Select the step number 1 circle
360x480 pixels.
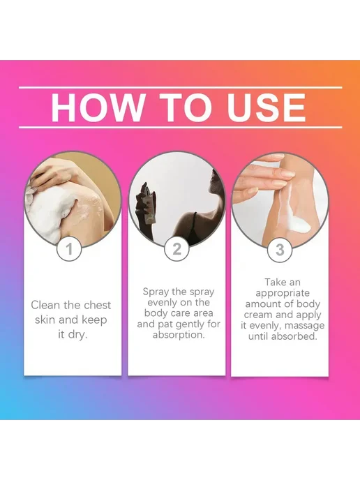tap(70, 249)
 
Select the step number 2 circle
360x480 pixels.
tap(177, 249)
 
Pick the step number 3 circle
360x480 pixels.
tap(280, 250)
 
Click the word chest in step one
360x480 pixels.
tap(98, 305)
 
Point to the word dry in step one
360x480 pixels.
tap(77, 335)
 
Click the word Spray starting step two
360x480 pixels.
tap(156, 292)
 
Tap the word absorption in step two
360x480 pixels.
tap(179, 335)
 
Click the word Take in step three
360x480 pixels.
tap(274, 282)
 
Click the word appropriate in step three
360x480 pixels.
tap(283, 293)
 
